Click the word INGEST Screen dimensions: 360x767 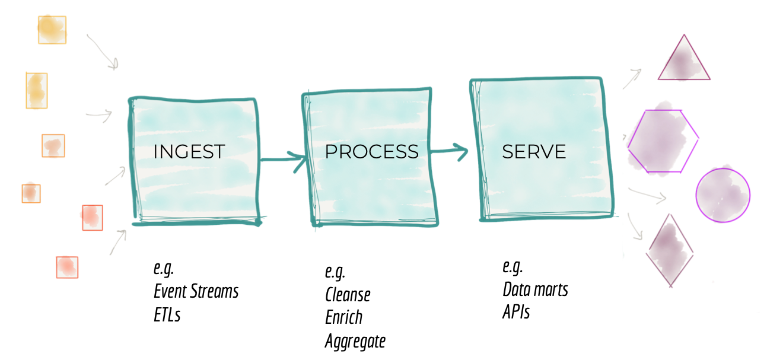[189, 152]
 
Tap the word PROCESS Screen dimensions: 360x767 [371, 152]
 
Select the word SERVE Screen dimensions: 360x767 [534, 152]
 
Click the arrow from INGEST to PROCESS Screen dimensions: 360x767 [282, 159]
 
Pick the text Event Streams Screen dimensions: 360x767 [196, 291]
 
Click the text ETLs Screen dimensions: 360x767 [167, 314]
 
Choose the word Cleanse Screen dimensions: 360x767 [348, 295]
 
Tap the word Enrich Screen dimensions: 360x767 [343, 317]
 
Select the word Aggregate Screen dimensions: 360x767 [355, 341]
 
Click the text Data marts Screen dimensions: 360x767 [535, 289]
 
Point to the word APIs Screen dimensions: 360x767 [516, 312]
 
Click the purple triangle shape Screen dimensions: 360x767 [684, 60]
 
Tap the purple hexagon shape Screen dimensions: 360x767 [663, 141]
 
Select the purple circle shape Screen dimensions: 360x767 [723, 195]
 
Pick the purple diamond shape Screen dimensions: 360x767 [670, 250]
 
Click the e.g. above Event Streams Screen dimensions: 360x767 [163, 269]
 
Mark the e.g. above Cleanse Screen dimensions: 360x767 [335, 272]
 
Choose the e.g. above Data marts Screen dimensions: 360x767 [512, 266]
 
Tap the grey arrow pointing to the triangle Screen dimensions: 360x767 [632, 78]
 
